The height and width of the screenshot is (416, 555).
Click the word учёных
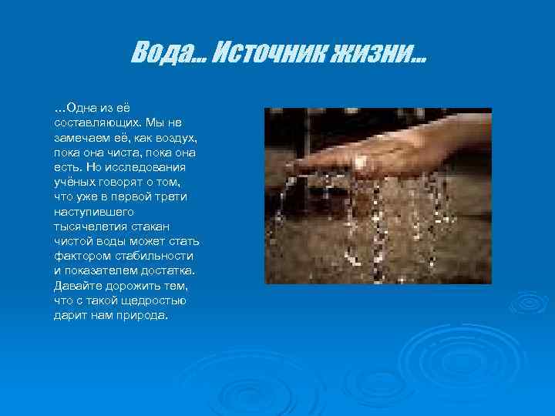pos(74,182)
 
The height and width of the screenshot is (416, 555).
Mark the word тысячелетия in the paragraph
pos(90,226)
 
